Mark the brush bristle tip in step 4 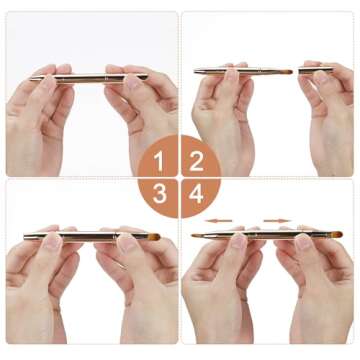pyautogui.click(x=336, y=235)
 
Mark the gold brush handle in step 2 pyautogui.click(x=230, y=71)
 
